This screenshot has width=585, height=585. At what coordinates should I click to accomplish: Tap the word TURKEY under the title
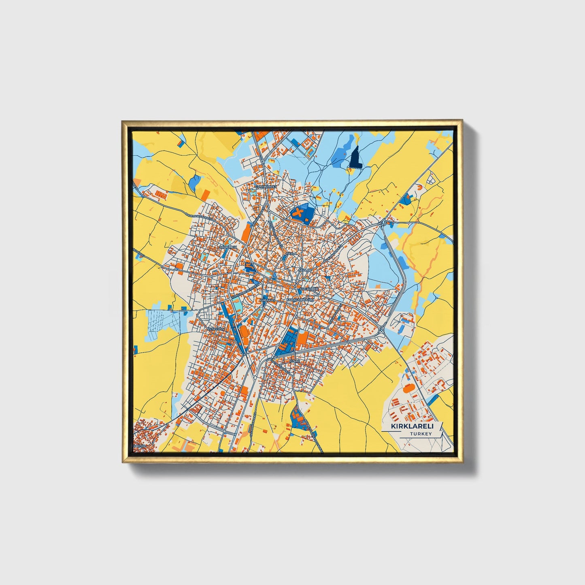tap(421, 434)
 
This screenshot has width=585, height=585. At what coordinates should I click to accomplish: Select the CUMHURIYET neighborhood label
tap(266, 187)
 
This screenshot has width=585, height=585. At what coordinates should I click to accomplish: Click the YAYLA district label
tap(291, 253)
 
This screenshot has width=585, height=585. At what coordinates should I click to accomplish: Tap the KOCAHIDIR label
tap(309, 289)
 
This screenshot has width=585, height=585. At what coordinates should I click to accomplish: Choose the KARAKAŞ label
tap(267, 300)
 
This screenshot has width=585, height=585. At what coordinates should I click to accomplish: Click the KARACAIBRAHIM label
tap(300, 300)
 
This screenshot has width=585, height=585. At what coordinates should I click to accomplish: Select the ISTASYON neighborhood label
tap(215, 329)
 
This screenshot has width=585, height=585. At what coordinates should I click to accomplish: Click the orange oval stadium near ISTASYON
tap(244, 332)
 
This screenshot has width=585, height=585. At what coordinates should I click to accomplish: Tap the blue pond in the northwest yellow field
tap(195, 182)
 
